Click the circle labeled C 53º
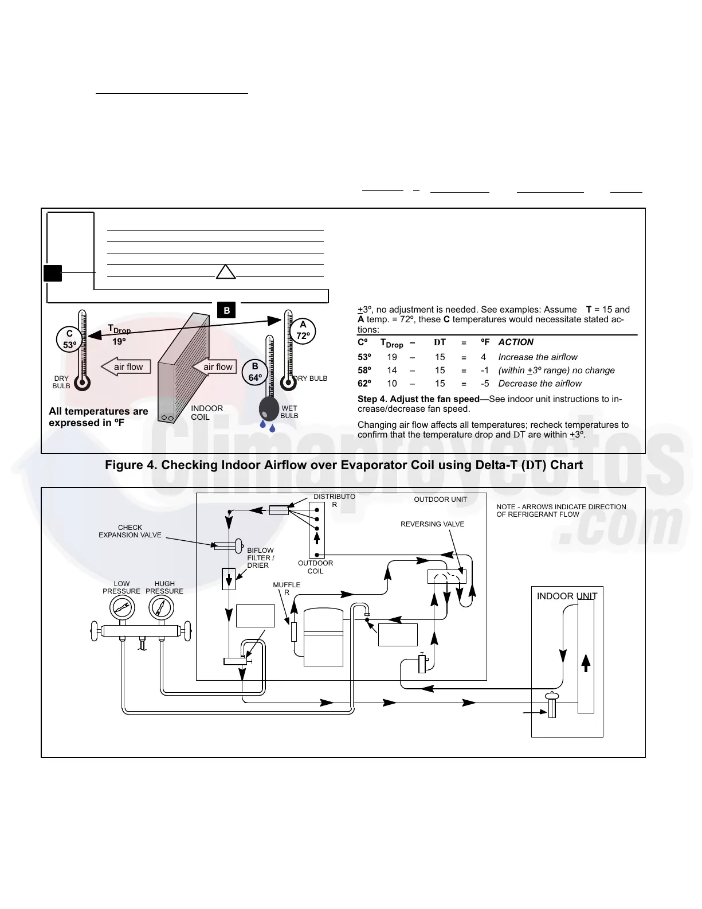[x=69, y=340]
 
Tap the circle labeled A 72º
[x=303, y=330]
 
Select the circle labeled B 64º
[x=255, y=372]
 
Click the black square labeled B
[x=227, y=310]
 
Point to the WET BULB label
[x=289, y=412]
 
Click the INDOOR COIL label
[x=206, y=413]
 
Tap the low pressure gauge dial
[x=121, y=608]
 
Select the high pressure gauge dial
[x=161, y=608]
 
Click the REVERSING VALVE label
[x=432, y=524]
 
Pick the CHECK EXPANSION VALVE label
[x=130, y=531]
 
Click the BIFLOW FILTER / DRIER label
[x=261, y=558]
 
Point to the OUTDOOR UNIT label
[x=440, y=500]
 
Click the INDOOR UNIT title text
[x=567, y=596]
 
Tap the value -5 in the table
[x=485, y=384]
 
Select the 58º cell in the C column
[x=364, y=370]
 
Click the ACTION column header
[x=516, y=342]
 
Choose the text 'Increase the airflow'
[x=538, y=357]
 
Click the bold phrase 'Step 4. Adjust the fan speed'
[x=418, y=399]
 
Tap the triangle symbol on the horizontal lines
[x=226, y=272]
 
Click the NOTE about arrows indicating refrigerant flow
[x=561, y=510]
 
